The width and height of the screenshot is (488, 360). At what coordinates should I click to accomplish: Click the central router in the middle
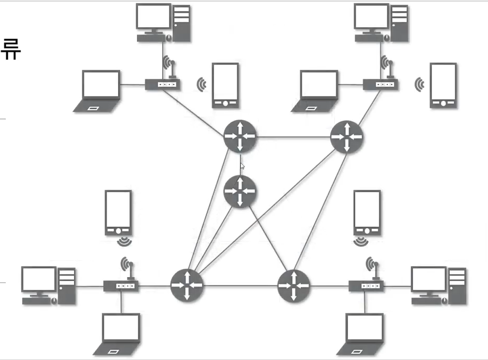click(240, 192)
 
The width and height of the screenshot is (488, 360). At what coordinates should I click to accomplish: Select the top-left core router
click(240, 136)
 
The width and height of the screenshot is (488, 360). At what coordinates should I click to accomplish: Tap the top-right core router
click(347, 137)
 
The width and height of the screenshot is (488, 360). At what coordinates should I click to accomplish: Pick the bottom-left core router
click(186, 285)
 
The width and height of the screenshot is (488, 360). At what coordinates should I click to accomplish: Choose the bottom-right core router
click(294, 285)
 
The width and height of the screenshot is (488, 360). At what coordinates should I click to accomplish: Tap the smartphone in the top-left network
click(225, 85)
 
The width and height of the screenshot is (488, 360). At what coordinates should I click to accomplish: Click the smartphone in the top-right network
click(443, 85)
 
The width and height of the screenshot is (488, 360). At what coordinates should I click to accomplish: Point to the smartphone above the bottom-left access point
click(118, 212)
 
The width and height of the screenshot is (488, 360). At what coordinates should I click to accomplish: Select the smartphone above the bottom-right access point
click(367, 212)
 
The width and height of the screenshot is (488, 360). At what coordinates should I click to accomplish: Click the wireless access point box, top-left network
click(163, 84)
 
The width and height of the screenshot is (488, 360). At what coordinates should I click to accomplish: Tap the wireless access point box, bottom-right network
click(366, 286)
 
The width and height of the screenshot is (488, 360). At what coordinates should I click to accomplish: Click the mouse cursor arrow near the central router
click(242, 166)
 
